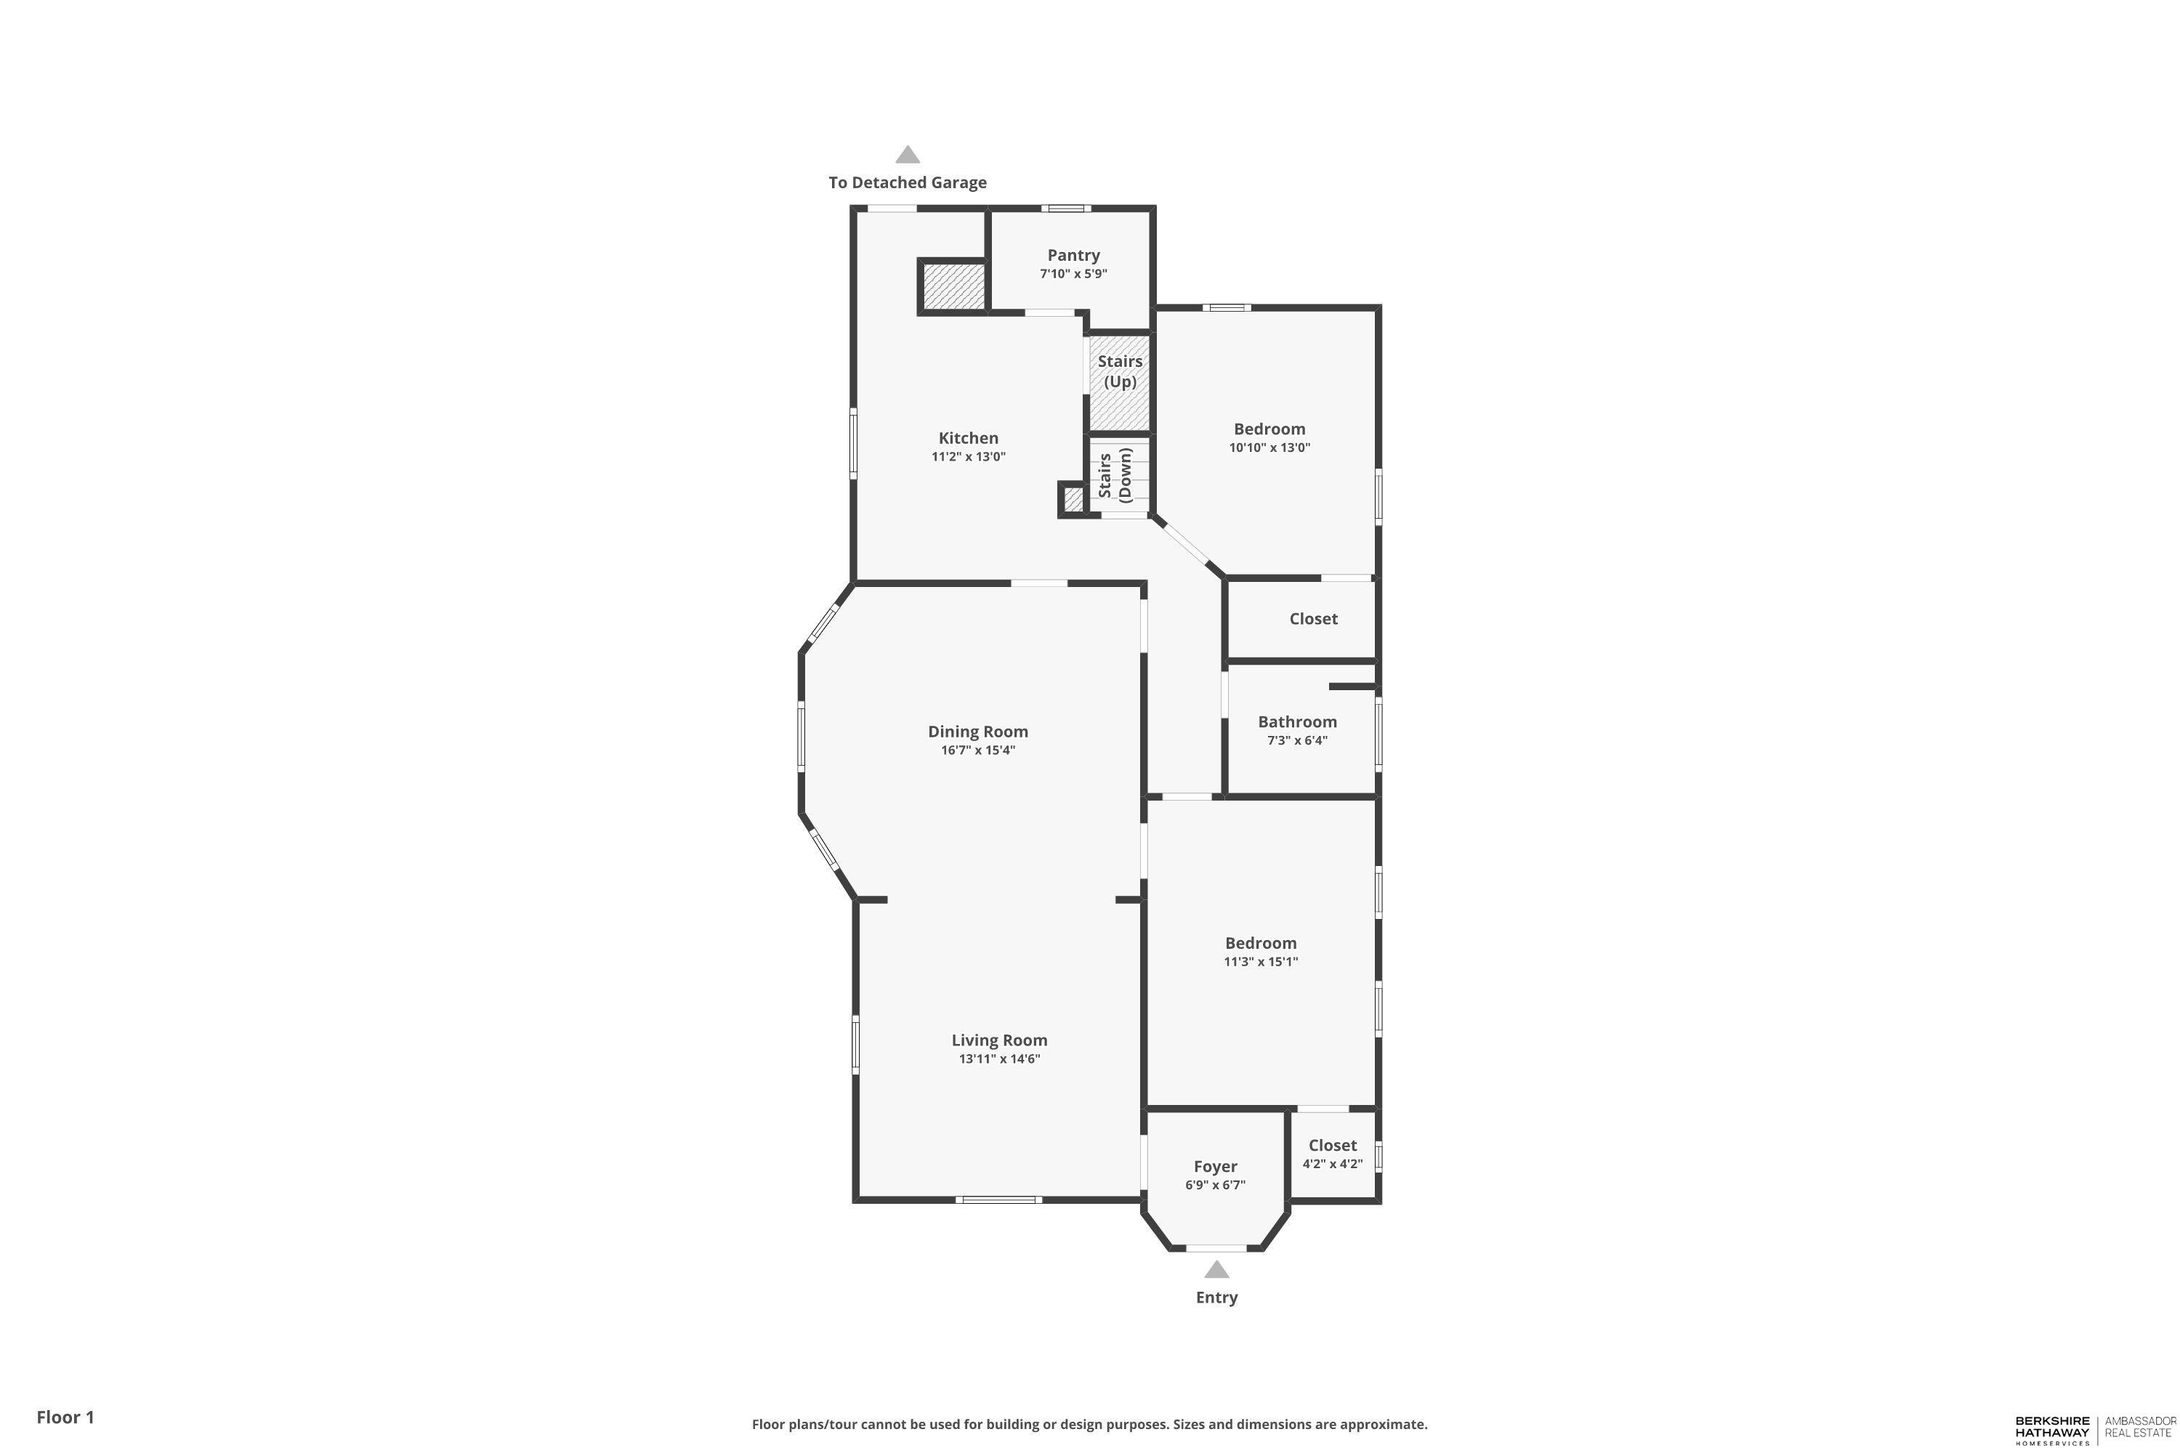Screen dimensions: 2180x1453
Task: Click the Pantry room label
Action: click(x=1073, y=255)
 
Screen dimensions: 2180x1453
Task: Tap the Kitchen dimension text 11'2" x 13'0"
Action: click(x=969, y=457)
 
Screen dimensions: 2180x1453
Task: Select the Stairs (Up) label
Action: click(x=1120, y=371)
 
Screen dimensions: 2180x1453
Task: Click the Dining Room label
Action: click(x=978, y=731)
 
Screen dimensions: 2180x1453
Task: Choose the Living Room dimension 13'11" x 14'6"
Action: click(x=999, y=1059)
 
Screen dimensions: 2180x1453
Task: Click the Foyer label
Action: click(x=1215, y=1167)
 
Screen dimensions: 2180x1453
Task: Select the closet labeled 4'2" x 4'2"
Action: click(x=1332, y=1154)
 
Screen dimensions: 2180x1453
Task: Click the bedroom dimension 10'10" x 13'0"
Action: click(x=1269, y=448)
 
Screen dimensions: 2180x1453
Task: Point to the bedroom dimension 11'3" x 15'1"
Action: click(x=1261, y=962)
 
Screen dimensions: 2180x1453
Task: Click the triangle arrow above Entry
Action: click(x=1216, y=1269)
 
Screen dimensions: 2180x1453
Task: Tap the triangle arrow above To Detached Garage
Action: click(x=908, y=155)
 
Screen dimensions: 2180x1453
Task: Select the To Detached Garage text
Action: click(x=908, y=182)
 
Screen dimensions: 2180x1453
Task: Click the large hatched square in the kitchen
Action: click(x=953, y=287)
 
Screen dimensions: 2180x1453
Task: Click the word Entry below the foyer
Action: click(x=1216, y=1298)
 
